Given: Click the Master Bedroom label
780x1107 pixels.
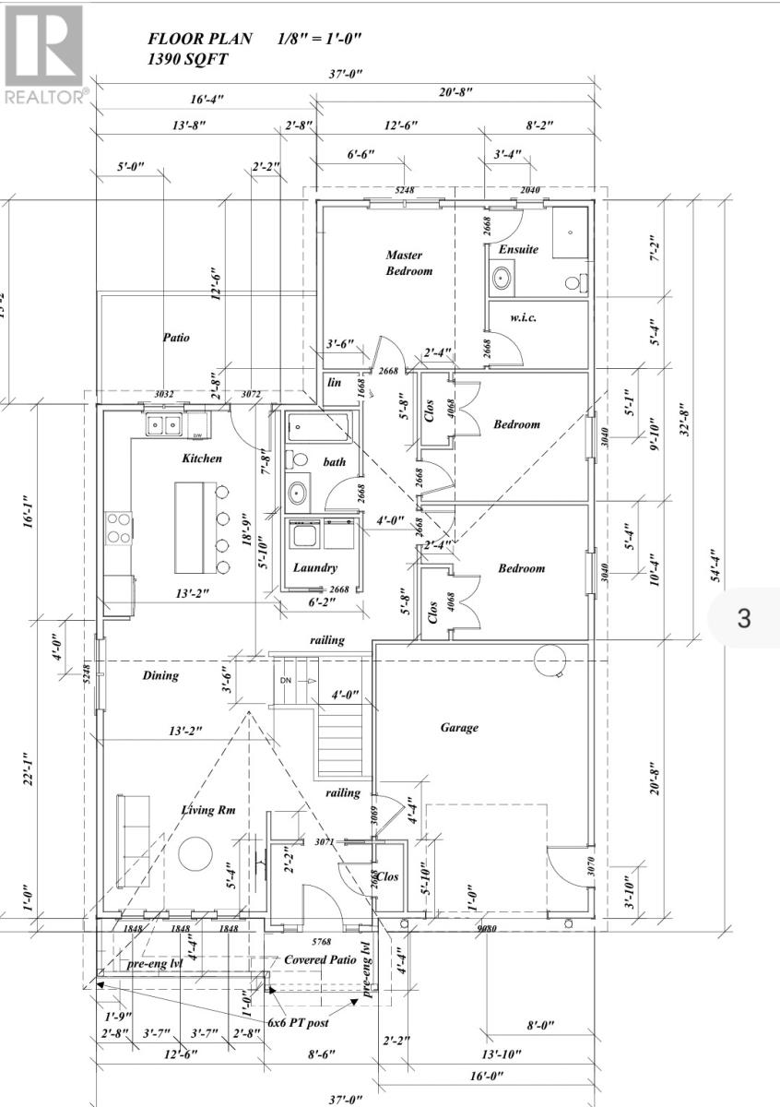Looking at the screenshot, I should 408,263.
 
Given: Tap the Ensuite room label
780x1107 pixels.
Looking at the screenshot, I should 518,250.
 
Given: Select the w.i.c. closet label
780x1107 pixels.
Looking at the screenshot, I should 524,318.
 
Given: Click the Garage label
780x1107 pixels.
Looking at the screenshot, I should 459,728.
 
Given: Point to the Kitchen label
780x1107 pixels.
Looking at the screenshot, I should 201,458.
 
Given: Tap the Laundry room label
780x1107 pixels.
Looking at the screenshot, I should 315,568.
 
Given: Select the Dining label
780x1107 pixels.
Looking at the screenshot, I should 160,675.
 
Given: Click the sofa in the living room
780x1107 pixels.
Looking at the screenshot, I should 129,839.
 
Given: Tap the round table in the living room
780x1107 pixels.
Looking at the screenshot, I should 196,852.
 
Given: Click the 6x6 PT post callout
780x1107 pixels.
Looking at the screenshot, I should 298,1022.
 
